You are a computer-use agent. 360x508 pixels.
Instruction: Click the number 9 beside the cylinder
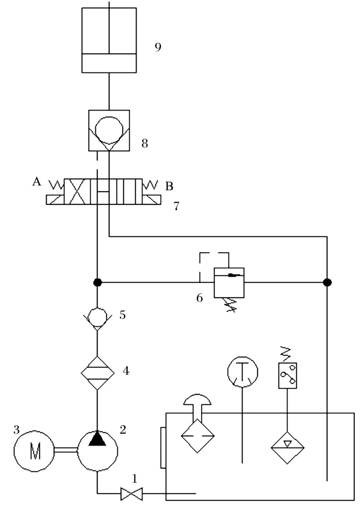coord(158,47)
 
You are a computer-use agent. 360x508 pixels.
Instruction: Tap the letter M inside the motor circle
coord(34,452)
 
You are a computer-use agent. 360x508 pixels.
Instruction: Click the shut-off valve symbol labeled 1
coord(131,493)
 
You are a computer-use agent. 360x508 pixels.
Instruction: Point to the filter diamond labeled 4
coord(97,372)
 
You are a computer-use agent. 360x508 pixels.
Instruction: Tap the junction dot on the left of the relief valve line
coord(97,282)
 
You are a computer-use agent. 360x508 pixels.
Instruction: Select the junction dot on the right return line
coord(327,282)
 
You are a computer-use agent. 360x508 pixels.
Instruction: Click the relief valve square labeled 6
coord(229,283)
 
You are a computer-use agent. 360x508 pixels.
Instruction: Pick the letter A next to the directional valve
coord(37,182)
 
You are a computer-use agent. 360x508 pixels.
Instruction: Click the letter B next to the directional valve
coord(169,187)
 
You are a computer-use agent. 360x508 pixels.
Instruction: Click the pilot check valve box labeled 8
coord(109,130)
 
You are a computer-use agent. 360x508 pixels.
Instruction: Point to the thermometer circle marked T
coord(243,372)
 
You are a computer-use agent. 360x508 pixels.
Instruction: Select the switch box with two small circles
coord(288,375)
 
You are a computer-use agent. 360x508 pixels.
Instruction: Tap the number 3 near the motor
coord(16,430)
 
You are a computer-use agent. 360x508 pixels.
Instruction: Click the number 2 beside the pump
coord(123,430)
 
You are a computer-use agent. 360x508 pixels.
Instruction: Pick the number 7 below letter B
coord(176,206)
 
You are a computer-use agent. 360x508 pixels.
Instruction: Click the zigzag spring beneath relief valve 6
coord(231,305)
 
